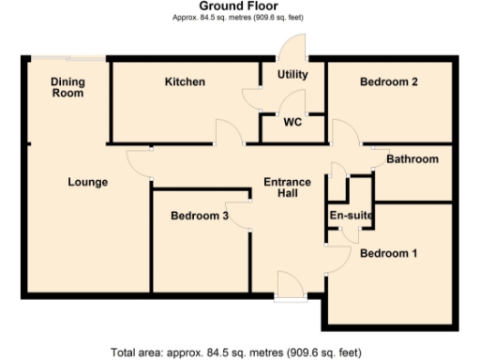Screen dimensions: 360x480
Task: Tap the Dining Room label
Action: point(67,87)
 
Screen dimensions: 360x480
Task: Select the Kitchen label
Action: point(185,82)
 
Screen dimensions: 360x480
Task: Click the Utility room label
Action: point(292,74)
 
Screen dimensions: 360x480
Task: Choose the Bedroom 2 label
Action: point(389,82)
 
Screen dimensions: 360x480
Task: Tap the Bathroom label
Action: point(412,159)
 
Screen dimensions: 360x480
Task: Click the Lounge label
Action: point(88,182)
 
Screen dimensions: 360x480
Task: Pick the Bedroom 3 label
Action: point(200,217)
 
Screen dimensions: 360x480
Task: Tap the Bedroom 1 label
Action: point(389,254)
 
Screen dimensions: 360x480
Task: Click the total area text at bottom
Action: point(235,352)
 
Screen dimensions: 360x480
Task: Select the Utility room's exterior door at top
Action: point(295,47)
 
